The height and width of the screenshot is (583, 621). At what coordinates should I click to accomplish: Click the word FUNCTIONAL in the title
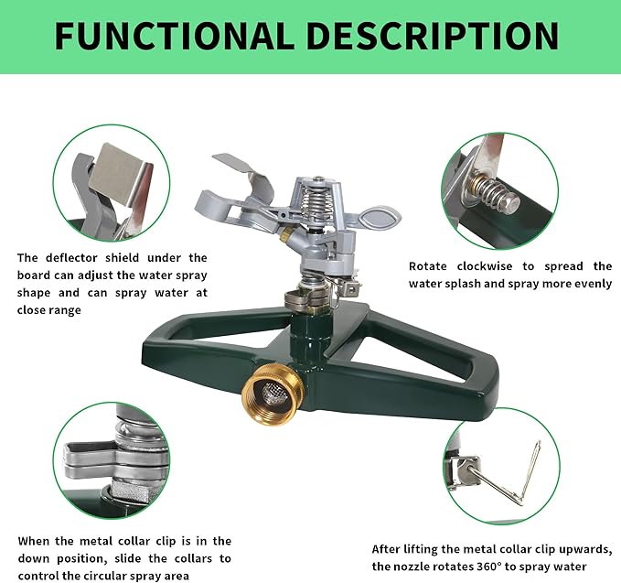[174, 36]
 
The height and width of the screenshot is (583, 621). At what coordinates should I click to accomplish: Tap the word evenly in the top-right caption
[590, 284]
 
